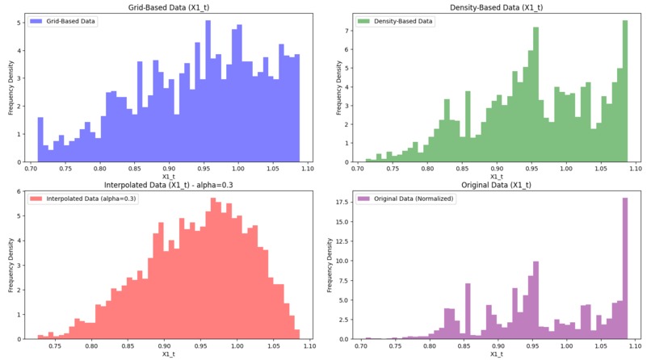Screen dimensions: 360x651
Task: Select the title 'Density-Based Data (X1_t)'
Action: point(495,6)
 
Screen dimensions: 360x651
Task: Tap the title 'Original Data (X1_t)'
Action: point(495,186)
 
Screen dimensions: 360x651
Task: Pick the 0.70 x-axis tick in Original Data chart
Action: point(360,345)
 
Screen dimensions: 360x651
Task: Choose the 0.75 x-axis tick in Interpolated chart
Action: point(55,345)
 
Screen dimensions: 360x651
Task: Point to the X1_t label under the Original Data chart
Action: point(495,354)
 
